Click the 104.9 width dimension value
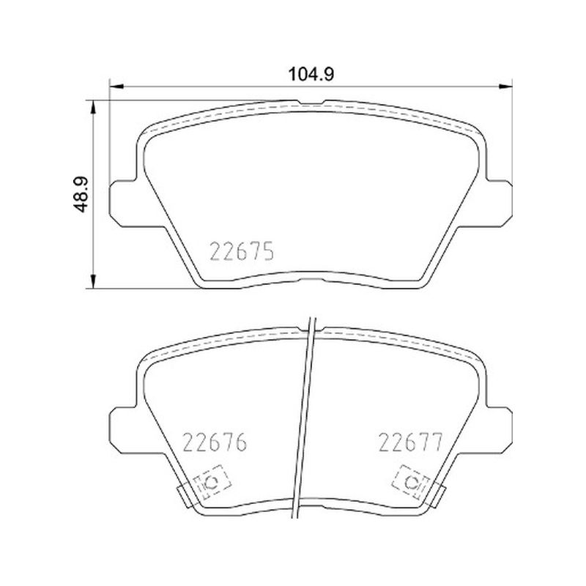point(311,74)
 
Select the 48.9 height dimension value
point(80,194)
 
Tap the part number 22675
point(242,251)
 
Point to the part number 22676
point(215,442)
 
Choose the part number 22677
point(411,442)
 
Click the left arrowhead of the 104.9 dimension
point(116,86)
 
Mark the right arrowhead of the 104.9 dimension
point(505,86)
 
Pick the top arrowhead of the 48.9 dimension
point(93,107)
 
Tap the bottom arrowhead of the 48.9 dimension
point(93,281)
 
